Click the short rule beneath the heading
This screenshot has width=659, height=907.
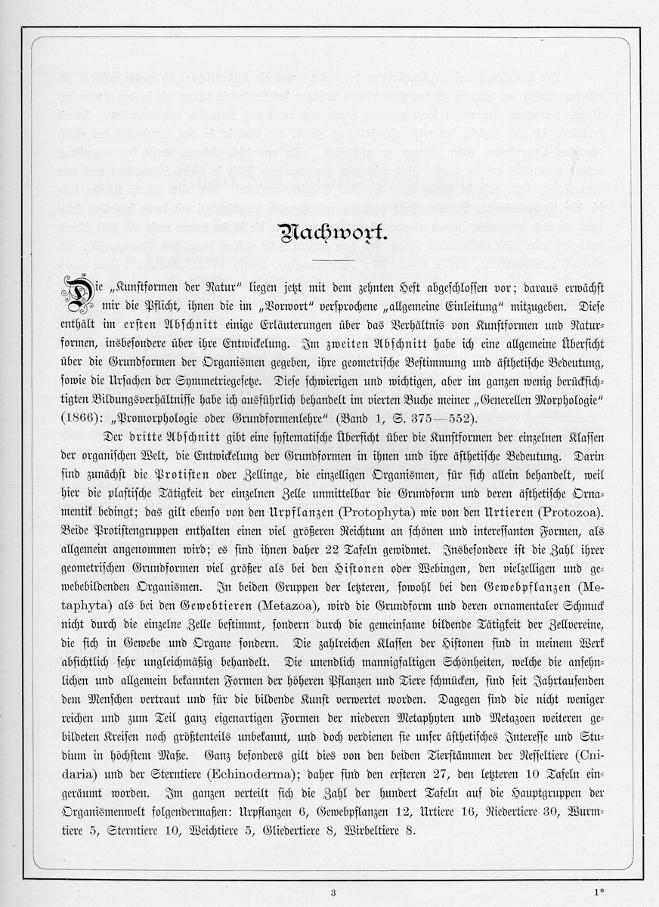click(x=330, y=262)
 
